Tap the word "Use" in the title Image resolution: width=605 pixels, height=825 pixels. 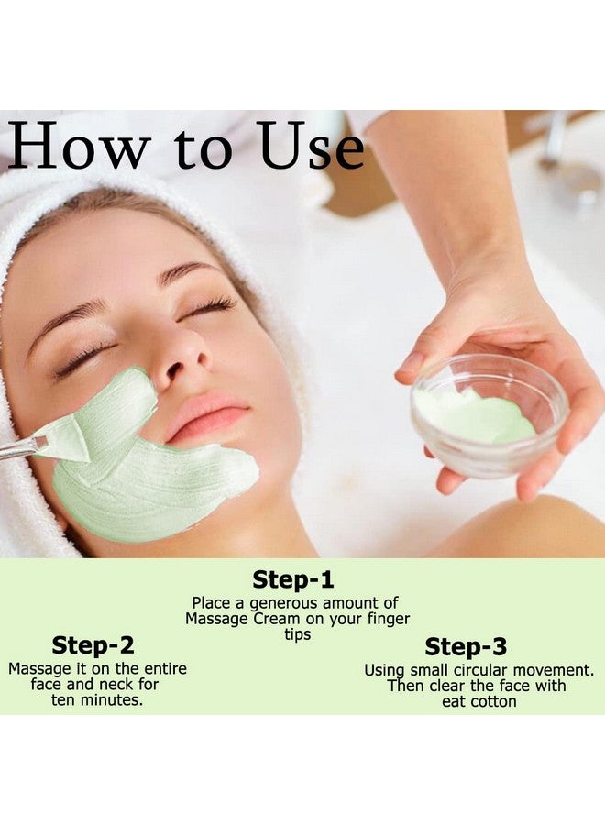point(310,148)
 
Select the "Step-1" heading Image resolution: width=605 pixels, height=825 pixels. point(293,579)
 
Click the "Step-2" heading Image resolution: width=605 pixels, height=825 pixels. point(93,645)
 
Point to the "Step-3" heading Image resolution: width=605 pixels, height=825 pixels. point(466,647)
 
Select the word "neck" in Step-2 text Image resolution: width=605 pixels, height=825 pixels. point(115,684)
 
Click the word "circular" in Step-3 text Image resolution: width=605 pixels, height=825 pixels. point(497,670)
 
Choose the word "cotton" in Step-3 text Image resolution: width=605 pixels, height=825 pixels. point(493,701)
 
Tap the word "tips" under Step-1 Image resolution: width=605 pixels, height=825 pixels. point(292,634)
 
